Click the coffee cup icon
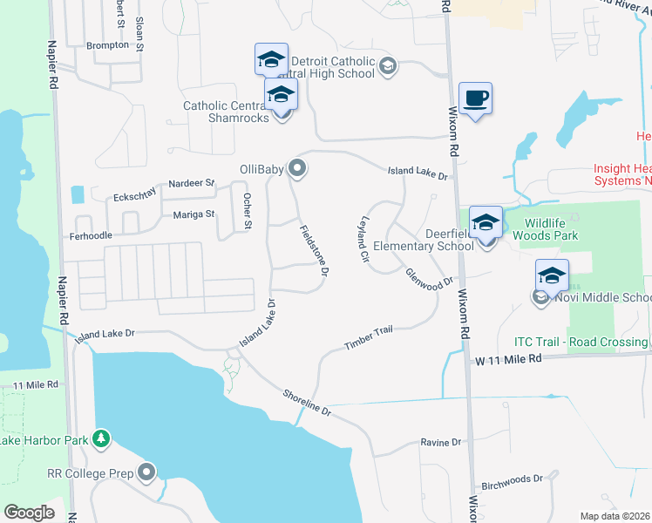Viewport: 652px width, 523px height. coord(475,98)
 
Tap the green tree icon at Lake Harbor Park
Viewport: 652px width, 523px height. coord(102,438)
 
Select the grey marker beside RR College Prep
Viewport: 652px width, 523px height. coord(147,473)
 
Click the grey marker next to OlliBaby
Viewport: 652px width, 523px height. coord(297,168)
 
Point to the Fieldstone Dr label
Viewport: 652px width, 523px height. coord(314,251)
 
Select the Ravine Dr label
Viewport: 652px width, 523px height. coord(440,443)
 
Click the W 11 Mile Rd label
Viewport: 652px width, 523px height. coord(507,358)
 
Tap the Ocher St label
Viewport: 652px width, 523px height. coord(248,212)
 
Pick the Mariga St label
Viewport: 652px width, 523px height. coord(194,214)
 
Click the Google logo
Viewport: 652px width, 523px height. coord(29,513)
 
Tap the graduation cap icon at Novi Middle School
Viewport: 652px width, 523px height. coord(552,275)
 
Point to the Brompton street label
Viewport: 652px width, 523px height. coord(107,45)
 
